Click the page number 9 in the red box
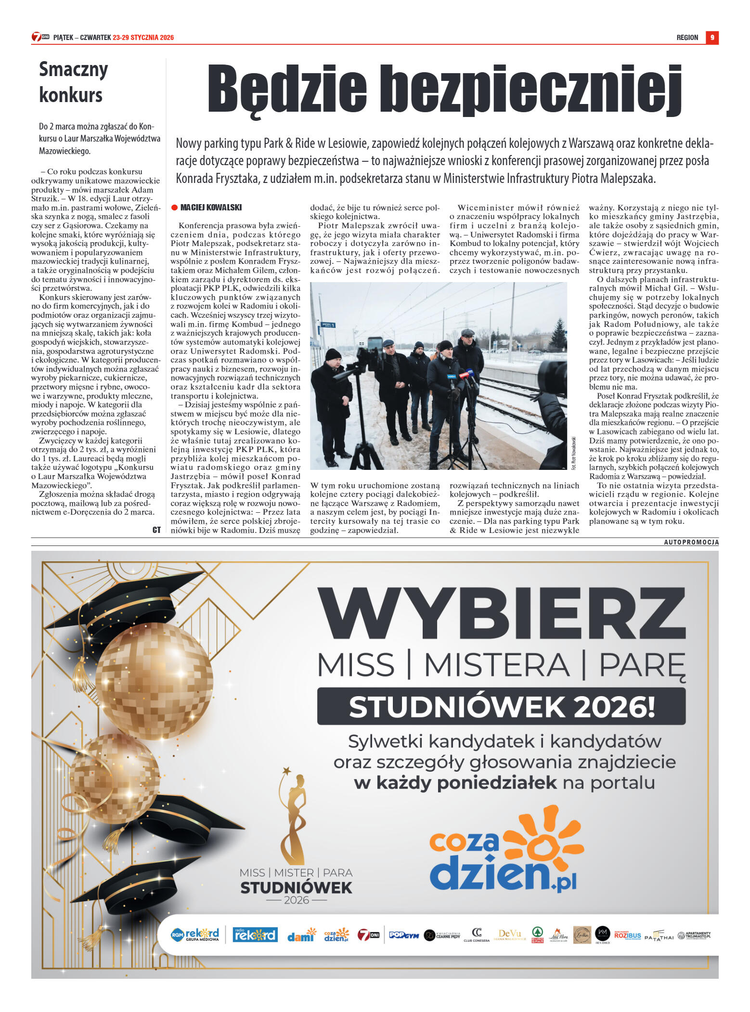click(x=712, y=38)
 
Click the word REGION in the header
click(x=687, y=38)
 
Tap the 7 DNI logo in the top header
click(x=40, y=37)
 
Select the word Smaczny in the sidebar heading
click(x=73, y=69)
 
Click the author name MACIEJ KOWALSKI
click(x=211, y=208)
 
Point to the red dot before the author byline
click(x=174, y=208)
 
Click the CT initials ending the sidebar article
click(x=156, y=530)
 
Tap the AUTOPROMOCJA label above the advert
click(x=691, y=542)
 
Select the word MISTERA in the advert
click(x=496, y=665)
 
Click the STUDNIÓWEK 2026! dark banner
click(x=501, y=706)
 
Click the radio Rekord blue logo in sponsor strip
click(x=255, y=934)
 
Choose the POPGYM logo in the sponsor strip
click(x=403, y=935)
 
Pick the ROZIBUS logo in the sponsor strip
click(x=627, y=935)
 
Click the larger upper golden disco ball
click(x=154, y=679)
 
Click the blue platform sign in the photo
click(x=327, y=325)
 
